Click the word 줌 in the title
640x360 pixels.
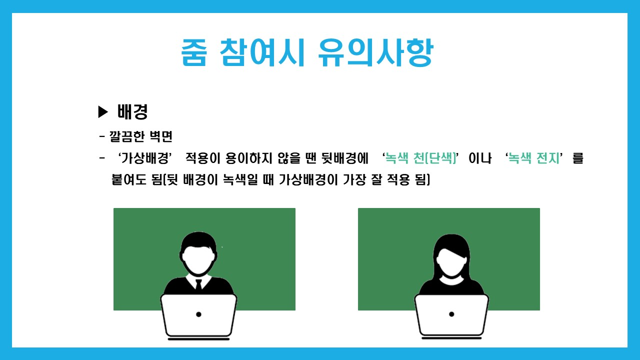(194, 52)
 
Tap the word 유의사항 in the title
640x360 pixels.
(375, 53)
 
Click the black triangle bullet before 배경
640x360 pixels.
(103, 111)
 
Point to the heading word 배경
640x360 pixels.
(132, 111)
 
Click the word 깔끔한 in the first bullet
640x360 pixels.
(127, 136)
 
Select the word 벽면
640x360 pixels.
(161, 136)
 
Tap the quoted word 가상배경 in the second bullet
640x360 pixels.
(144, 157)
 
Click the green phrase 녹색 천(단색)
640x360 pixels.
(420, 157)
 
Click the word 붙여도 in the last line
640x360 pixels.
(129, 179)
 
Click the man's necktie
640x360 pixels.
(198, 285)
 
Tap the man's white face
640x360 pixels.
(198, 259)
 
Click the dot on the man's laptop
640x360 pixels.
(198, 314)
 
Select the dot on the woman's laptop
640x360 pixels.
(451, 314)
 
